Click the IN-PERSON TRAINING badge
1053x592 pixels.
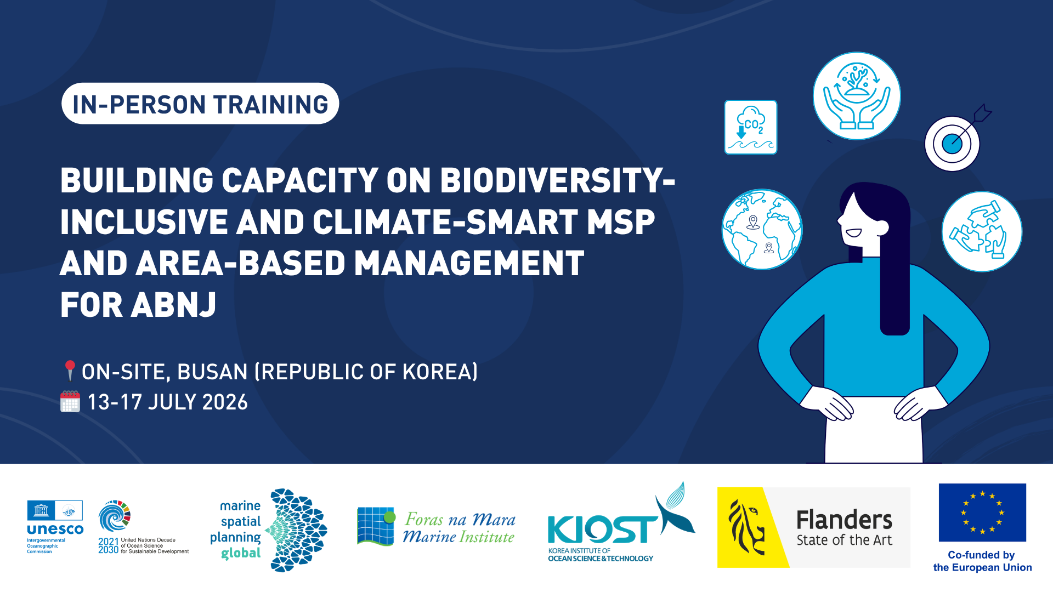[x=200, y=104]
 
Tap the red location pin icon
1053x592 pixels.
[x=70, y=370]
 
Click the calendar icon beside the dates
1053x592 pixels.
[x=70, y=401]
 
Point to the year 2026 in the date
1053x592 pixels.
[x=225, y=402]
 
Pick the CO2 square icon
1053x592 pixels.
[x=751, y=127]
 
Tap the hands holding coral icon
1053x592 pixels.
[x=857, y=96]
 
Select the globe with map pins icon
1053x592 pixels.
[x=762, y=229]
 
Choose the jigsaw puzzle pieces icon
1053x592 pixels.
[x=982, y=231]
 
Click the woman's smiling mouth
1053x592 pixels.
[x=853, y=233]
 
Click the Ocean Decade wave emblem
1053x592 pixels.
[x=115, y=516]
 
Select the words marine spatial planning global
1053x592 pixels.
[x=236, y=529]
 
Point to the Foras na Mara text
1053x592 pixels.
[x=460, y=519]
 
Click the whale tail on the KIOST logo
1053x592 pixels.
[x=676, y=510]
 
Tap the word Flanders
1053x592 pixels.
[x=844, y=520]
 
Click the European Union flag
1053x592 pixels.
[x=982, y=513]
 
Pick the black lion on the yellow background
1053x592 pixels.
[x=746, y=527]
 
